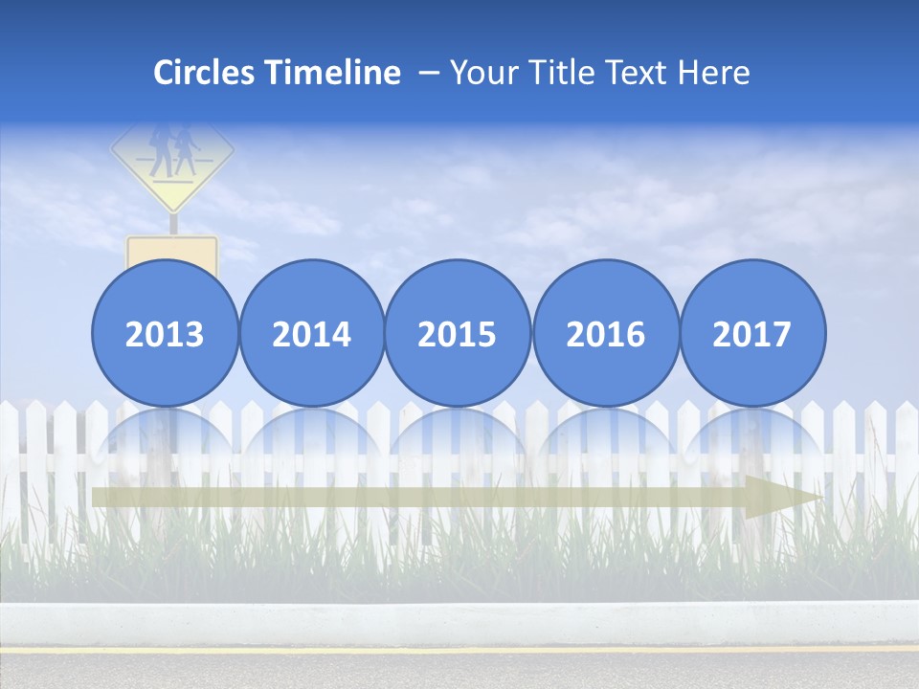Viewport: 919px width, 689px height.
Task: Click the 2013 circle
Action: tap(165, 334)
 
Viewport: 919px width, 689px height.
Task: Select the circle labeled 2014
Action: tap(311, 334)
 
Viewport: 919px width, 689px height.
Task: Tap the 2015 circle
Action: tap(458, 334)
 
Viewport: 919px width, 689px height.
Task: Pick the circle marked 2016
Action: tap(605, 334)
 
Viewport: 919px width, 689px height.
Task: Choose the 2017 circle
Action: tap(751, 334)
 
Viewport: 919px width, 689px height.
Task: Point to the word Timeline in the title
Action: tap(334, 73)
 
